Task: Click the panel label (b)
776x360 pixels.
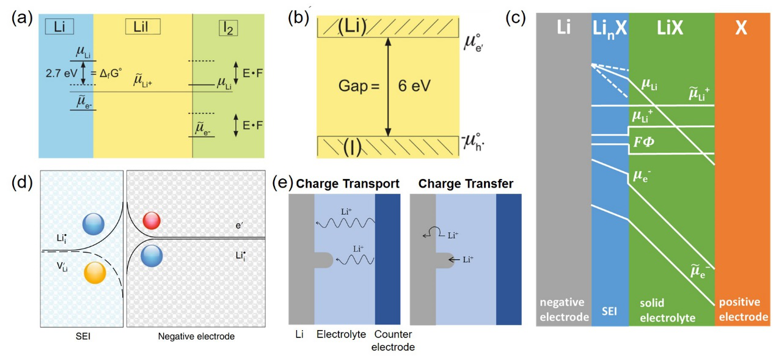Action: [298, 18]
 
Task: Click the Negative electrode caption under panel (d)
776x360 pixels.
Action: [196, 336]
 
